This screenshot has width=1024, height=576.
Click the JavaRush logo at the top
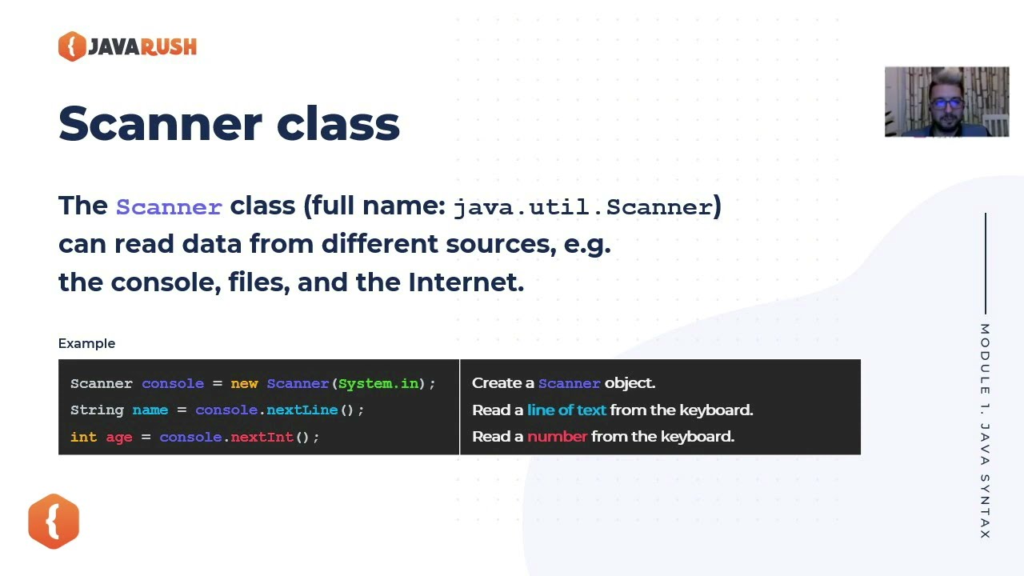127,46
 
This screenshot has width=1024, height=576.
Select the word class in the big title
338,124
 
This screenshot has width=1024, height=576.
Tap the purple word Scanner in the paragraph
169,207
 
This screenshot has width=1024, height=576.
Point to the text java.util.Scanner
583,207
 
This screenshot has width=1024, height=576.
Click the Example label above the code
86,343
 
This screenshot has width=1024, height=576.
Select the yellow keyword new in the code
244,383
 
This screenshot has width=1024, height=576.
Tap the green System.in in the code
378,383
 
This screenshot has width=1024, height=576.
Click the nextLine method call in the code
302,410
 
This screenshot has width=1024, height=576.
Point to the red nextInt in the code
262,437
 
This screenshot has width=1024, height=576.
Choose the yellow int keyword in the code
83,437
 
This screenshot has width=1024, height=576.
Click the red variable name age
119,437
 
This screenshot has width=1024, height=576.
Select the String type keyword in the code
97,410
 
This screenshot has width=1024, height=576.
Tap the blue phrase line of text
566,410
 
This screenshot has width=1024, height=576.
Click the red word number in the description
557,436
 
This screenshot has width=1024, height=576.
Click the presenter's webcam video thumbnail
946,102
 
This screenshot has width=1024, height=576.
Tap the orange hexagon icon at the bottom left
54,522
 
